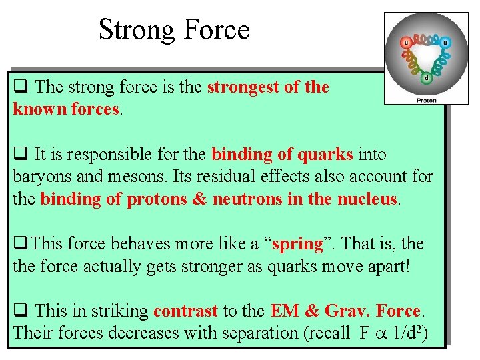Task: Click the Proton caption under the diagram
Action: pyautogui.click(x=427, y=100)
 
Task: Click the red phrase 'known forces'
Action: pyautogui.click(x=65, y=109)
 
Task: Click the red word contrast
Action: pyautogui.click(x=185, y=311)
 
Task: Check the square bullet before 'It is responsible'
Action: pyautogui.click(x=19, y=155)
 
